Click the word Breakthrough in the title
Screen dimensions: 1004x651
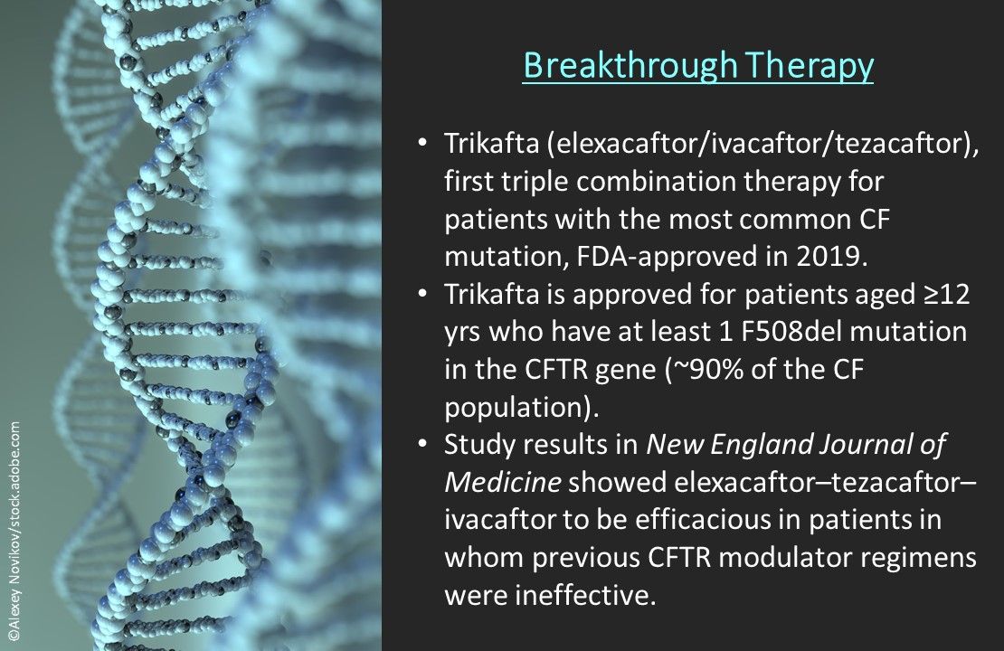click(x=630, y=66)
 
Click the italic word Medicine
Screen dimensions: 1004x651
click(x=503, y=482)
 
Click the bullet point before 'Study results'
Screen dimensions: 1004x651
click(x=422, y=444)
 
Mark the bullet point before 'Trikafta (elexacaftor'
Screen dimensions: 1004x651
click(x=422, y=142)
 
